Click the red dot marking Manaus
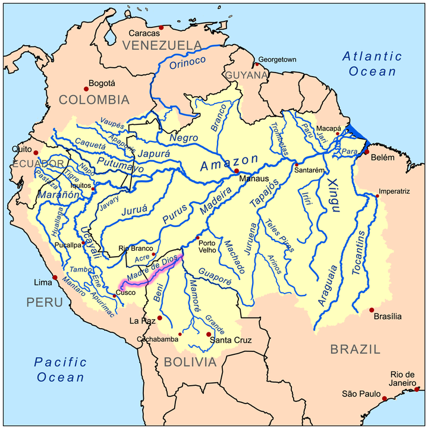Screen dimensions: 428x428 (x=237, y=171)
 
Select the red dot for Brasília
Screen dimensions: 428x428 (x=372, y=310)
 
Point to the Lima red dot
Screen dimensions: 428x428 (x=55, y=277)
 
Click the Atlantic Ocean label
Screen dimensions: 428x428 (x=372, y=64)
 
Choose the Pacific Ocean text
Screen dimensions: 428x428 (x=60, y=369)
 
